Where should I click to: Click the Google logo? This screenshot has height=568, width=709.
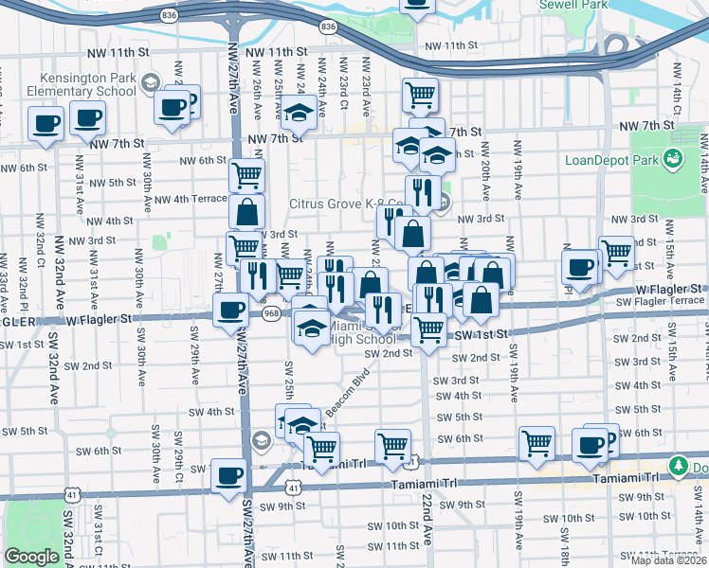(31, 557)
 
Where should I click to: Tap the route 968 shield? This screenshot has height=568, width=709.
(272, 313)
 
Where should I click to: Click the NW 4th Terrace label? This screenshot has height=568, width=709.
(188, 199)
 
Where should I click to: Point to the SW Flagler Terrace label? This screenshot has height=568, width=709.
(661, 301)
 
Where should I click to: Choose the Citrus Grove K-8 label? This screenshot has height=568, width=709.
(348, 204)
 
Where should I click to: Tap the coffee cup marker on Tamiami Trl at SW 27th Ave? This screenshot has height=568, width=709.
(227, 474)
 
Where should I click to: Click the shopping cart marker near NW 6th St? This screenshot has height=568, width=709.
(246, 174)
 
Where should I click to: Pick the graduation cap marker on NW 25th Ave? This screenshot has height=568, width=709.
(299, 113)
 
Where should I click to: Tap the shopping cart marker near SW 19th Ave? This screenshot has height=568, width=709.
(536, 442)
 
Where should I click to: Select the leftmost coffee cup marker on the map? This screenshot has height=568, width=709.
(45, 122)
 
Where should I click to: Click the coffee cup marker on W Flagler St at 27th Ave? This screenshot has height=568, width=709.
(229, 310)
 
